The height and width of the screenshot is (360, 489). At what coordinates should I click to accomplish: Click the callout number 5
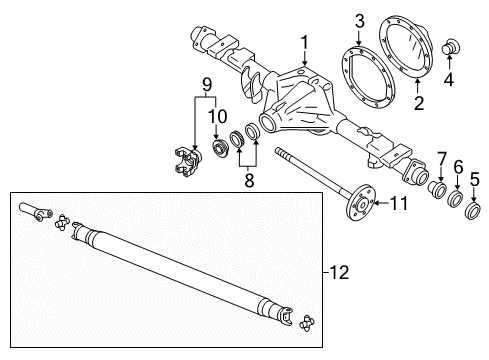tap(474, 180)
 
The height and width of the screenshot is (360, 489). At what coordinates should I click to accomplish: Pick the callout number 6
tap(457, 167)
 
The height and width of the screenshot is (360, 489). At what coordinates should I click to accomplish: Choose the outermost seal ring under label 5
tap(473, 211)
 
